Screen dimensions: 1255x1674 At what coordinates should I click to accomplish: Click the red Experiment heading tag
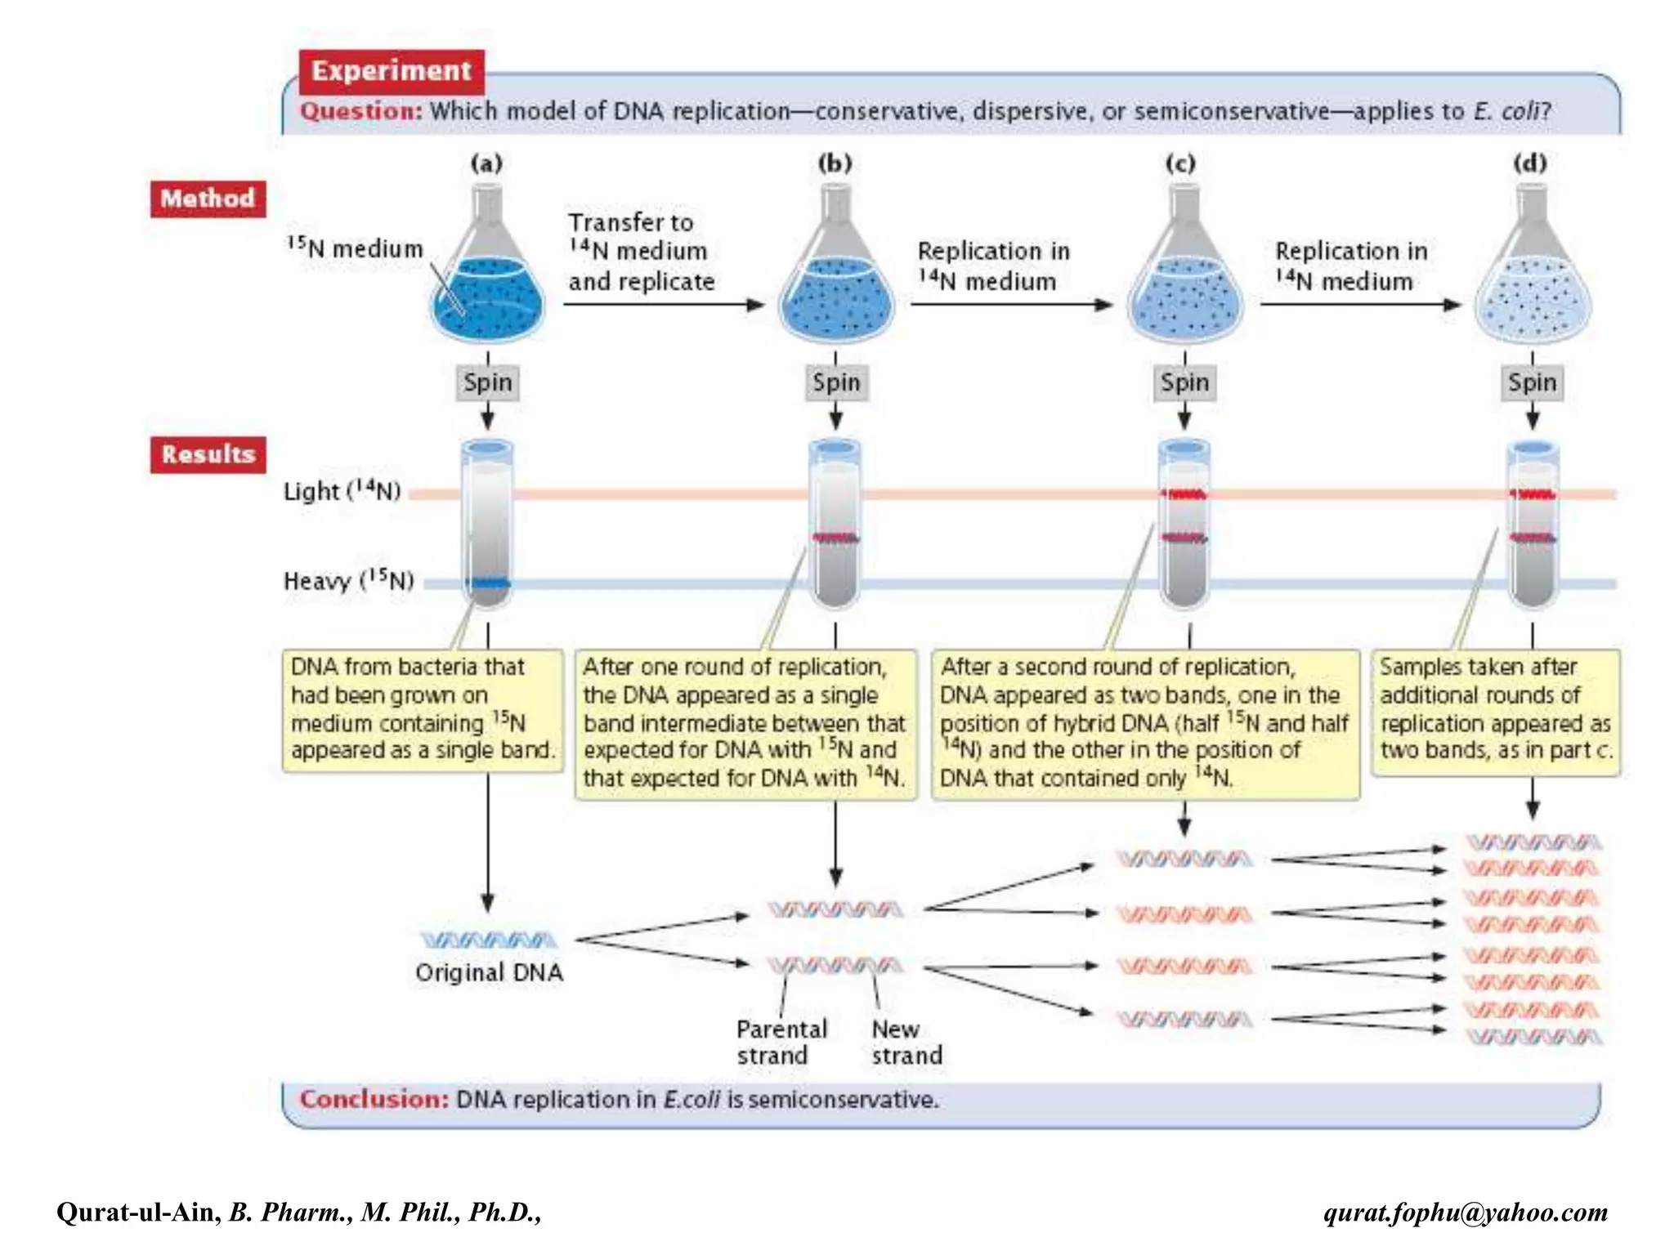pyautogui.click(x=391, y=71)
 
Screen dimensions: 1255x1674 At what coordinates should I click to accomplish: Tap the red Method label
pyautogui.click(x=208, y=199)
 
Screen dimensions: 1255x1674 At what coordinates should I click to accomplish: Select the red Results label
pyautogui.click(x=208, y=454)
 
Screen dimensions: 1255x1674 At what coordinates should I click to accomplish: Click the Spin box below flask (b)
pyautogui.click(x=835, y=382)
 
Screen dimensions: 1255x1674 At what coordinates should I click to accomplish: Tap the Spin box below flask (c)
pyautogui.click(x=1184, y=382)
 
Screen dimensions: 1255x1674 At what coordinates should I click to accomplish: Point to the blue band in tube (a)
pyautogui.click(x=488, y=583)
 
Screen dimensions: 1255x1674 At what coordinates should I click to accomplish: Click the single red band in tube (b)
pyautogui.click(x=835, y=538)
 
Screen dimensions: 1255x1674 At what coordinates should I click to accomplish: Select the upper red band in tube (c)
pyautogui.click(x=1184, y=494)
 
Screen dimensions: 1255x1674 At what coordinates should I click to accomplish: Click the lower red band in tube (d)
pyautogui.click(x=1532, y=538)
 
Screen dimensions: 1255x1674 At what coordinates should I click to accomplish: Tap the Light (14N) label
pyautogui.click(x=342, y=491)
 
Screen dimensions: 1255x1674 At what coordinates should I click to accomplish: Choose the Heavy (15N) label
pyautogui.click(x=348, y=581)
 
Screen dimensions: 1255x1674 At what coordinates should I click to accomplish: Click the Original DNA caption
pyautogui.click(x=489, y=972)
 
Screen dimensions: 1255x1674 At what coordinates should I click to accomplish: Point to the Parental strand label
pyautogui.click(x=781, y=1042)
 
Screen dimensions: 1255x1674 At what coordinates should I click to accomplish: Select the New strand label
pyautogui.click(x=906, y=1042)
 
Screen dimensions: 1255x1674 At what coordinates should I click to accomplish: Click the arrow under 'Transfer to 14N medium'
pyautogui.click(x=662, y=305)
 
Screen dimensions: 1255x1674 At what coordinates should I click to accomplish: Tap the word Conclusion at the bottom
pyautogui.click(x=374, y=1099)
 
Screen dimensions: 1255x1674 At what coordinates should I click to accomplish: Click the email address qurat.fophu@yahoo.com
pyautogui.click(x=1465, y=1212)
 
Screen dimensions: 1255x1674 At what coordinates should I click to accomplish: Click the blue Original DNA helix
pyautogui.click(x=489, y=940)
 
